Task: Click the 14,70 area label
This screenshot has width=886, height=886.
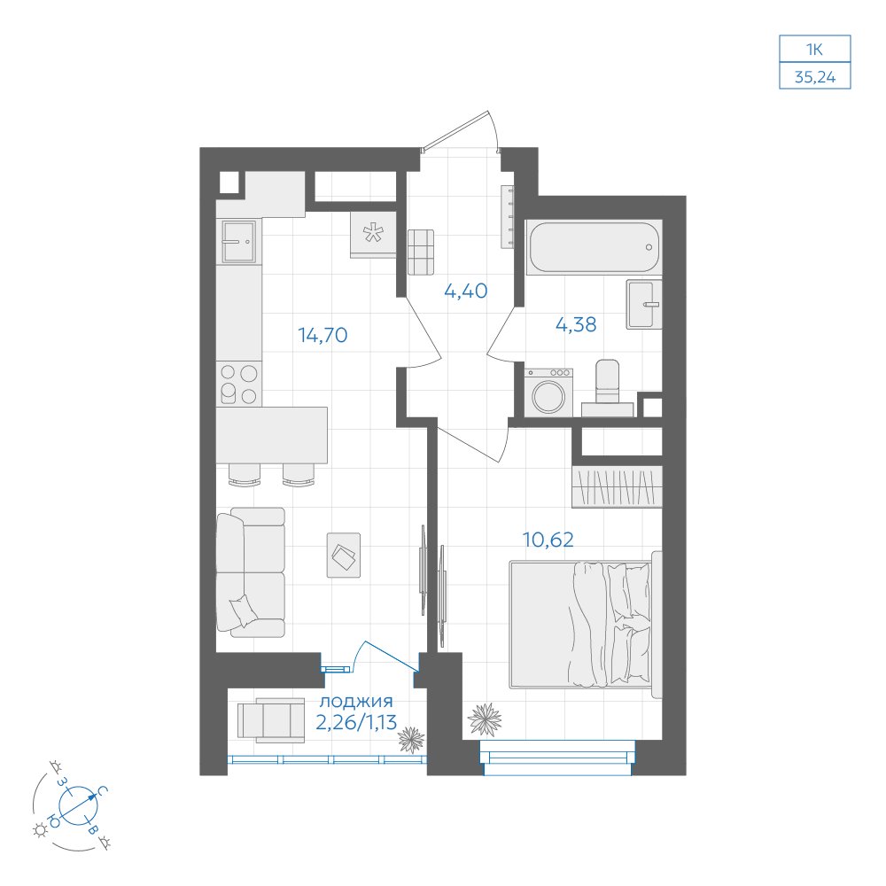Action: pos(323,335)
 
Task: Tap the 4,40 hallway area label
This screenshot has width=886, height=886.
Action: pos(466,291)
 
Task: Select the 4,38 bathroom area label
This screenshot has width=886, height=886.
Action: pos(576,324)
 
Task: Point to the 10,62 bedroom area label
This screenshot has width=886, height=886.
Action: pos(548,540)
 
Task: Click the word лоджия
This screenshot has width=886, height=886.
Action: pos(356,703)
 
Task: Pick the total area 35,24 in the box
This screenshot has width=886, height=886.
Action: pos(815,77)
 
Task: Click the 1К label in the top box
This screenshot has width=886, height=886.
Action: pos(814,50)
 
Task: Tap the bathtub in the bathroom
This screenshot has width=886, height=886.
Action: pos(594,247)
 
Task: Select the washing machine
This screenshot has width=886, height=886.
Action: pos(548,392)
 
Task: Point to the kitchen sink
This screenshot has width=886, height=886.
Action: pos(238,242)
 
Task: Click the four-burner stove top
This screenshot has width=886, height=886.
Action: pos(239,384)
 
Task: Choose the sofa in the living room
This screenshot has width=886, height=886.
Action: pos(251,571)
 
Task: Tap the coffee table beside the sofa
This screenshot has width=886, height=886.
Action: pos(344,555)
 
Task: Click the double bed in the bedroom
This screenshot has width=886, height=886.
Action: pos(586,625)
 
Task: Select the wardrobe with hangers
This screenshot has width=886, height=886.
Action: pos(617,486)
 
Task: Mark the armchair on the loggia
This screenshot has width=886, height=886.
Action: pos(271,719)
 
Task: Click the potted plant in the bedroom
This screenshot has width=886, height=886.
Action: pos(485,719)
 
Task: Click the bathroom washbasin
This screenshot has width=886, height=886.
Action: pos(643,304)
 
